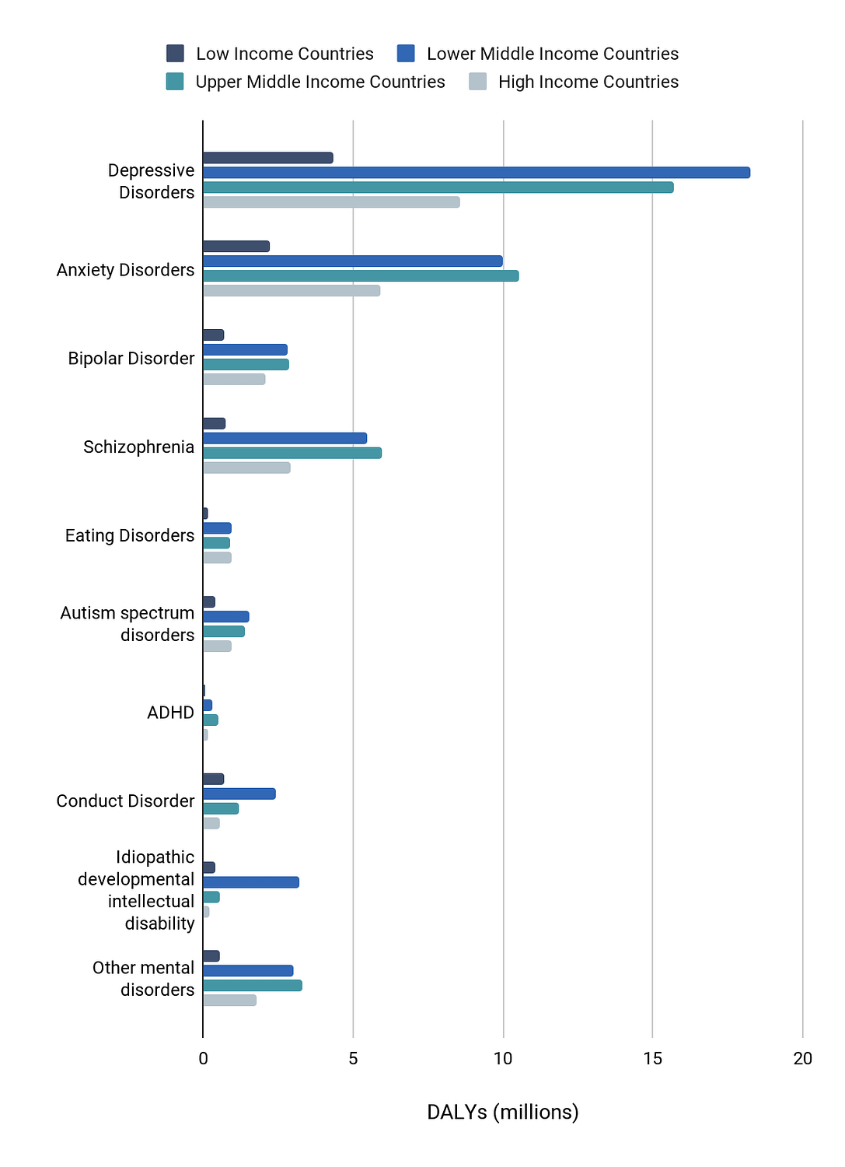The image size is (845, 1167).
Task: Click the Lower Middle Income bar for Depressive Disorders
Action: [x=477, y=173]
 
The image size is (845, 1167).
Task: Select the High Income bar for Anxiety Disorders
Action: [x=292, y=291]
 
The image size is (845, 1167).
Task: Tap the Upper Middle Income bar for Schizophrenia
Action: [x=292, y=454]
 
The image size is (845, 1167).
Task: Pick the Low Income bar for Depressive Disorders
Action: [x=268, y=158]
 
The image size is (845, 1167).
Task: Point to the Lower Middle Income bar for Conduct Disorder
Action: [x=239, y=794]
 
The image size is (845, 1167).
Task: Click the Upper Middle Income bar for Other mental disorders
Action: [x=253, y=986]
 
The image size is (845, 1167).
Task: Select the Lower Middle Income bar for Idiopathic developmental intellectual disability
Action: [x=251, y=882]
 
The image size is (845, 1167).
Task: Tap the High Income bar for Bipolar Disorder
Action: [x=234, y=380]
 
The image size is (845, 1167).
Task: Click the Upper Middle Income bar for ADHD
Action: [x=211, y=720]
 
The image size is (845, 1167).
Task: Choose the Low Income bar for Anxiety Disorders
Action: [x=236, y=247]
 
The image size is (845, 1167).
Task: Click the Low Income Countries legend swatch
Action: [x=175, y=53]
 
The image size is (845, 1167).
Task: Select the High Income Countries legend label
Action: [x=588, y=82]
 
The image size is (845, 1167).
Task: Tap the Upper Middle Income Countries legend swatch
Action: [x=175, y=81]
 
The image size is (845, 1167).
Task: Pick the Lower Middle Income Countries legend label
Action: [x=553, y=54]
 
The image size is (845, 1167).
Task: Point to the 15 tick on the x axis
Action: [x=652, y=1058]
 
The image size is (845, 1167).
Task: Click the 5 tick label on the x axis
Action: [x=353, y=1058]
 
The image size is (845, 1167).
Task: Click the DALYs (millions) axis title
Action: [x=502, y=1112]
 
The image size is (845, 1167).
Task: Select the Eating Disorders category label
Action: [x=130, y=535]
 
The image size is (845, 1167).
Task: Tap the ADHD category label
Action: [x=171, y=712]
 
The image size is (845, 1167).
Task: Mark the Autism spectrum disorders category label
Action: [x=127, y=624]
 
